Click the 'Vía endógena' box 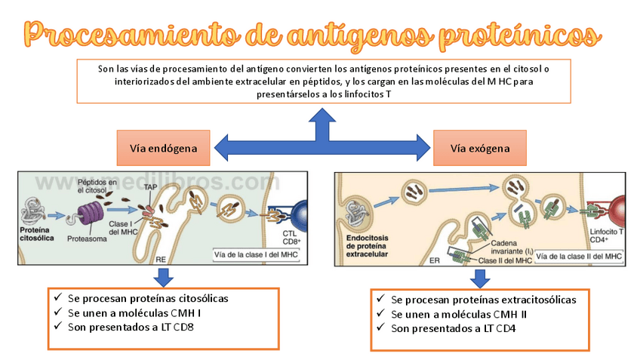pos(163,149)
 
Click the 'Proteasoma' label pos(88,238)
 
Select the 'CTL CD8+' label pos(291,238)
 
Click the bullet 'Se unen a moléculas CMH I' pos(134,312)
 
